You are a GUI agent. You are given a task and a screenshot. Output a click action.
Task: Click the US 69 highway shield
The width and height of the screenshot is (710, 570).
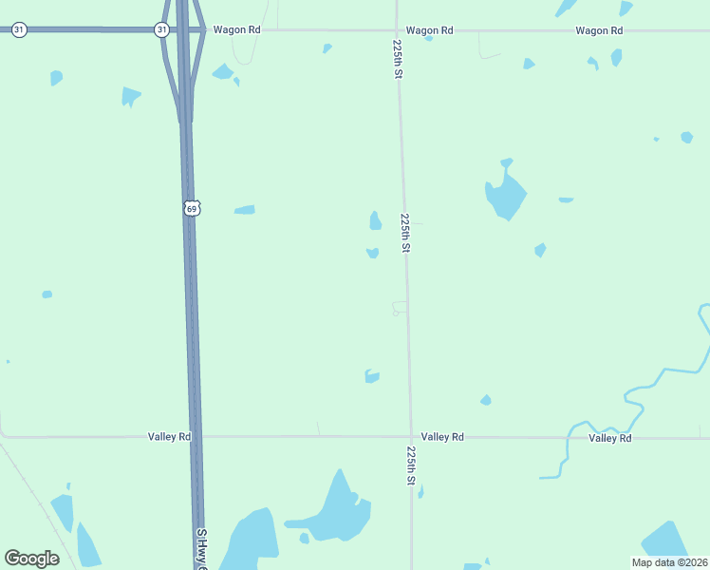tap(192, 208)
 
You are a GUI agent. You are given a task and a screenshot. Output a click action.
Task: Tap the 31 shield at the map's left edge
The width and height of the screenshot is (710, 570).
tap(19, 30)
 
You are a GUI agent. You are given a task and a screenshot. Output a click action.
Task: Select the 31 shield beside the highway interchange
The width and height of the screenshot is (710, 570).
tap(161, 30)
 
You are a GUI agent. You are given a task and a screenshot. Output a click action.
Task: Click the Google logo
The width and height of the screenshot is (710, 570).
tap(31, 559)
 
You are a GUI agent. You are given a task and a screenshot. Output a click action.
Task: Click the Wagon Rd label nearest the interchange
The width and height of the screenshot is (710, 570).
tap(236, 30)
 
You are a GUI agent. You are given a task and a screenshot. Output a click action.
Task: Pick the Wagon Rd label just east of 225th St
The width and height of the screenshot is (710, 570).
tap(429, 30)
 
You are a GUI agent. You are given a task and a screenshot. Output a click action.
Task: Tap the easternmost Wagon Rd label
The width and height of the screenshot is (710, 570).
tap(599, 30)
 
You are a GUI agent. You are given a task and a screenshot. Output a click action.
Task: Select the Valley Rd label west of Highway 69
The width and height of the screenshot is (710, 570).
tap(170, 437)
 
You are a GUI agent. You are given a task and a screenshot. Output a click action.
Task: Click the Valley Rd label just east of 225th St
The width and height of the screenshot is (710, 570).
tap(442, 437)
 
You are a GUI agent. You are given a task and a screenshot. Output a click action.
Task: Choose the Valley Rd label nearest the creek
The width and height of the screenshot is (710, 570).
tap(609, 438)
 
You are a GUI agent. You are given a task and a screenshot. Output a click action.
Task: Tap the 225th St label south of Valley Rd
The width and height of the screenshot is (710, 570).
tap(412, 465)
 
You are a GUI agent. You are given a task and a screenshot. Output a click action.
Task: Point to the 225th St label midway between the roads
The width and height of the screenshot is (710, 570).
tap(405, 233)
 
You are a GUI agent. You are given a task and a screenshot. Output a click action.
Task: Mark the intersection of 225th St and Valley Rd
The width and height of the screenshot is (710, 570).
tap(411, 437)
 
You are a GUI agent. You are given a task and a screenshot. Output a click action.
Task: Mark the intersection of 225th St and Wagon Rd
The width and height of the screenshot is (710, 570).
tap(396, 30)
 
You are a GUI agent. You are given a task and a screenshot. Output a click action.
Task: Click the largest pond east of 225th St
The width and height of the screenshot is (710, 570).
tap(505, 195)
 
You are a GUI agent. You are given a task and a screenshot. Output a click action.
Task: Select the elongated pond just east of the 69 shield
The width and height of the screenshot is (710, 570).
tap(245, 209)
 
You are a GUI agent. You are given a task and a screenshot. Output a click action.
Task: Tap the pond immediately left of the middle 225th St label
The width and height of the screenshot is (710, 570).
tap(375, 221)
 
